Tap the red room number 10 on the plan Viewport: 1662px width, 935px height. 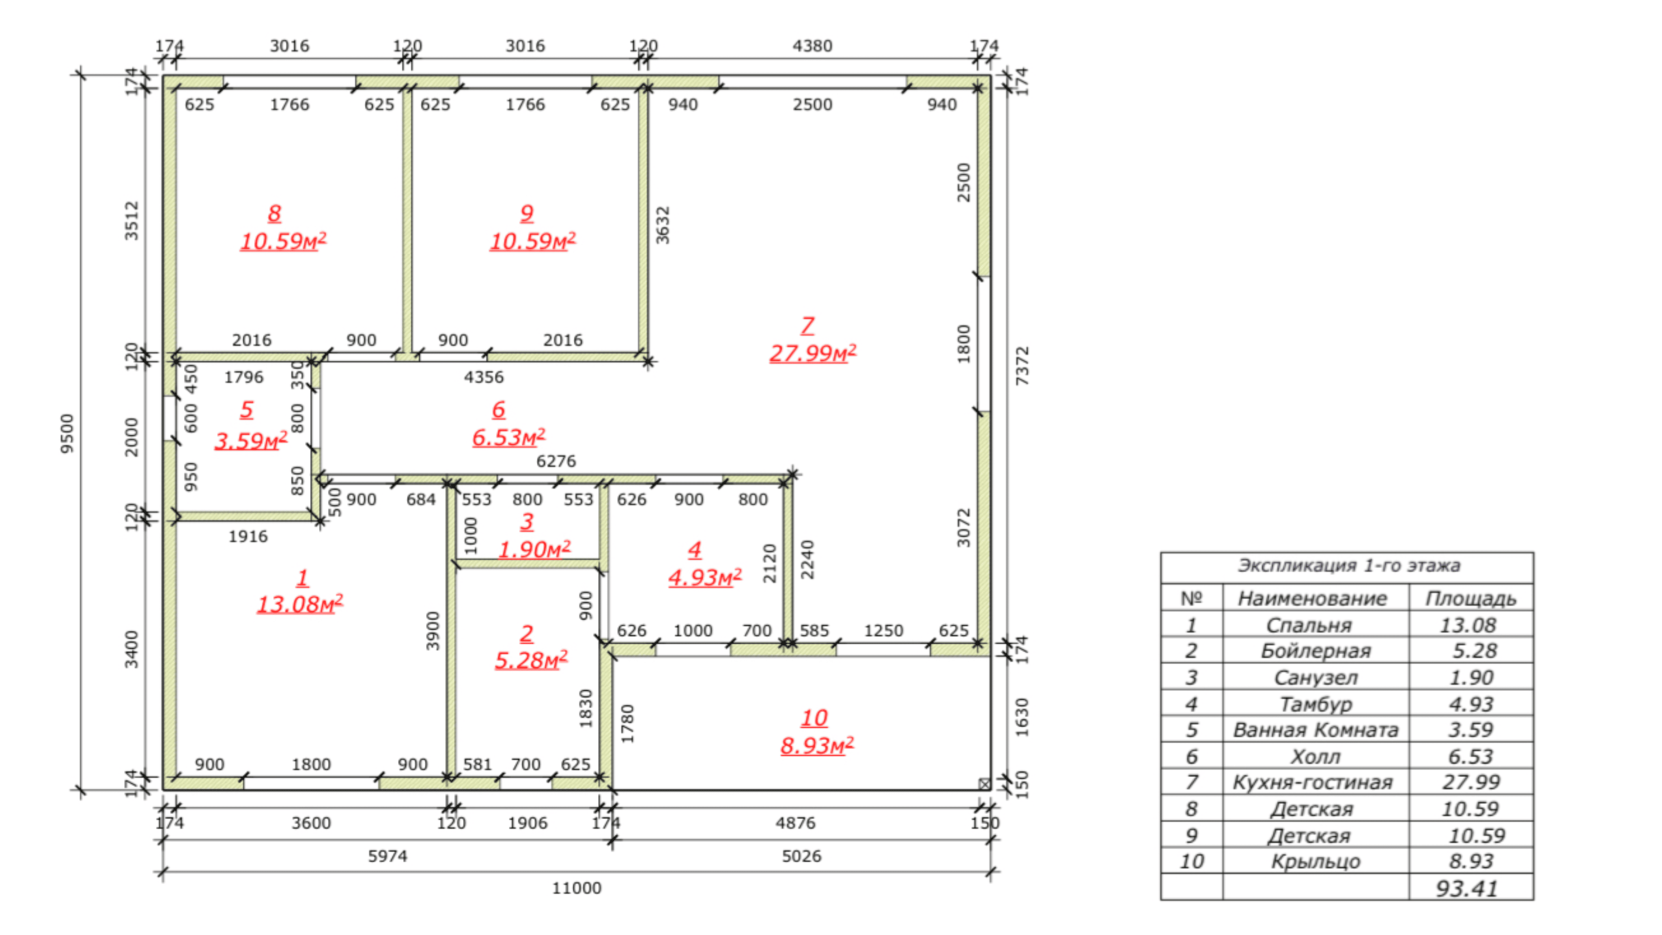pos(814,717)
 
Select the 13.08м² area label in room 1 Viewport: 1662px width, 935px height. pos(300,604)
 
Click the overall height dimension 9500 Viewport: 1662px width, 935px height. pos(67,434)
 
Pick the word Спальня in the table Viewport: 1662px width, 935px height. pos(1309,625)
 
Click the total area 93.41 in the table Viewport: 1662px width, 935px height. pos(1466,889)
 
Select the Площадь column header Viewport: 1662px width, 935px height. pos(1470,599)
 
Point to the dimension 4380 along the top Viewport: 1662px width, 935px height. pos(812,46)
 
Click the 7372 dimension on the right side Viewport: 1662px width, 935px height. pos(1022,366)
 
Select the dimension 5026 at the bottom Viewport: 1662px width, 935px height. pos(801,856)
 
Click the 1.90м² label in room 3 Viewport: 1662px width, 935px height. pos(534,549)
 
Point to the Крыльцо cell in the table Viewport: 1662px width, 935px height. pos(1315,862)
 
